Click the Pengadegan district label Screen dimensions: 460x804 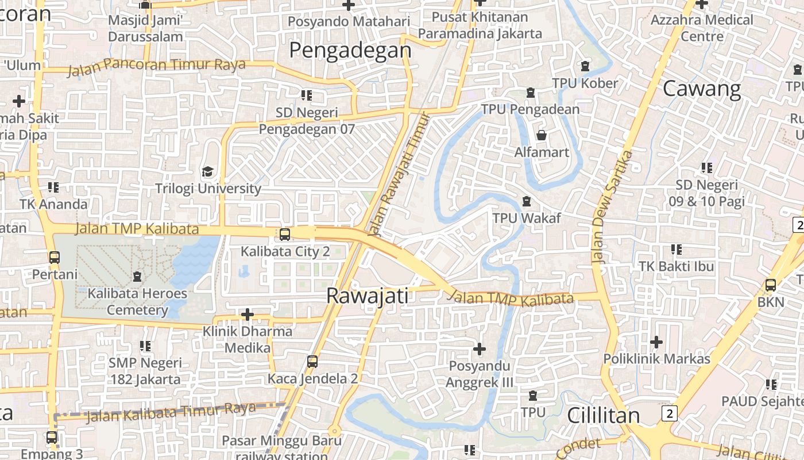pos(350,51)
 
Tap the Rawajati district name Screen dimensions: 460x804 pos(367,296)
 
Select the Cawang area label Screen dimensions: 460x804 pos(702,89)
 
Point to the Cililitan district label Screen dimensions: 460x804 pos(604,415)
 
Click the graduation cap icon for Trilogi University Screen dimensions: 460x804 pos(207,171)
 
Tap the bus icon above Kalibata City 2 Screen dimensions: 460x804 pos(284,234)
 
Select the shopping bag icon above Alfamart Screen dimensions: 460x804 pos(541,135)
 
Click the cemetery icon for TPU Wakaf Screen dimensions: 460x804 pos(526,201)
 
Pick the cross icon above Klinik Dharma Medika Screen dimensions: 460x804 pos(248,315)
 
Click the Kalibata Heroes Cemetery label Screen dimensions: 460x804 pos(137,302)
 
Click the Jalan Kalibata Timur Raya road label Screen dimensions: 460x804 pos(171,412)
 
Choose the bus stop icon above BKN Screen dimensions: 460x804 pos(771,285)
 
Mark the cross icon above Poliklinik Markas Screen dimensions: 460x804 pos(656,342)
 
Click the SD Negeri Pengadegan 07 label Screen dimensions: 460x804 pos(307,121)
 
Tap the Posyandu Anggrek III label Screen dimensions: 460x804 pos(480,374)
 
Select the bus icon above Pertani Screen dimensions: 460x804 pos(55,257)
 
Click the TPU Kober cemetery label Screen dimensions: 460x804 pos(585,83)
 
